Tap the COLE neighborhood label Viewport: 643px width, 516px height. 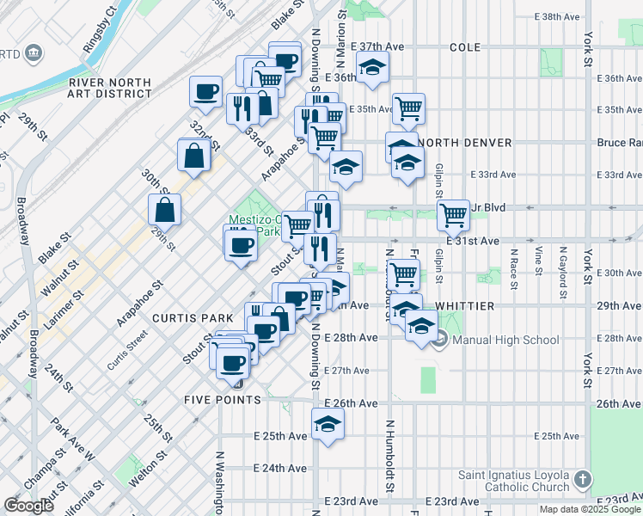[x=464, y=46]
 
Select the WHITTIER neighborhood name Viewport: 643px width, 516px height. [x=464, y=306]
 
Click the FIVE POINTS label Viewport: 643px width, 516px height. [x=222, y=401]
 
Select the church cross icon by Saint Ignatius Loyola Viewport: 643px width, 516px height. [x=583, y=478]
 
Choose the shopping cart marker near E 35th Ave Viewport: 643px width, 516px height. [x=409, y=107]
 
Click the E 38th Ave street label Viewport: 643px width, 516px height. [x=559, y=16]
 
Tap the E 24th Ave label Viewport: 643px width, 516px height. [x=281, y=469]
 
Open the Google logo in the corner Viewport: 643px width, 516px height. [x=29, y=506]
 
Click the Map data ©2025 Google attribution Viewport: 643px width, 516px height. [x=590, y=509]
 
